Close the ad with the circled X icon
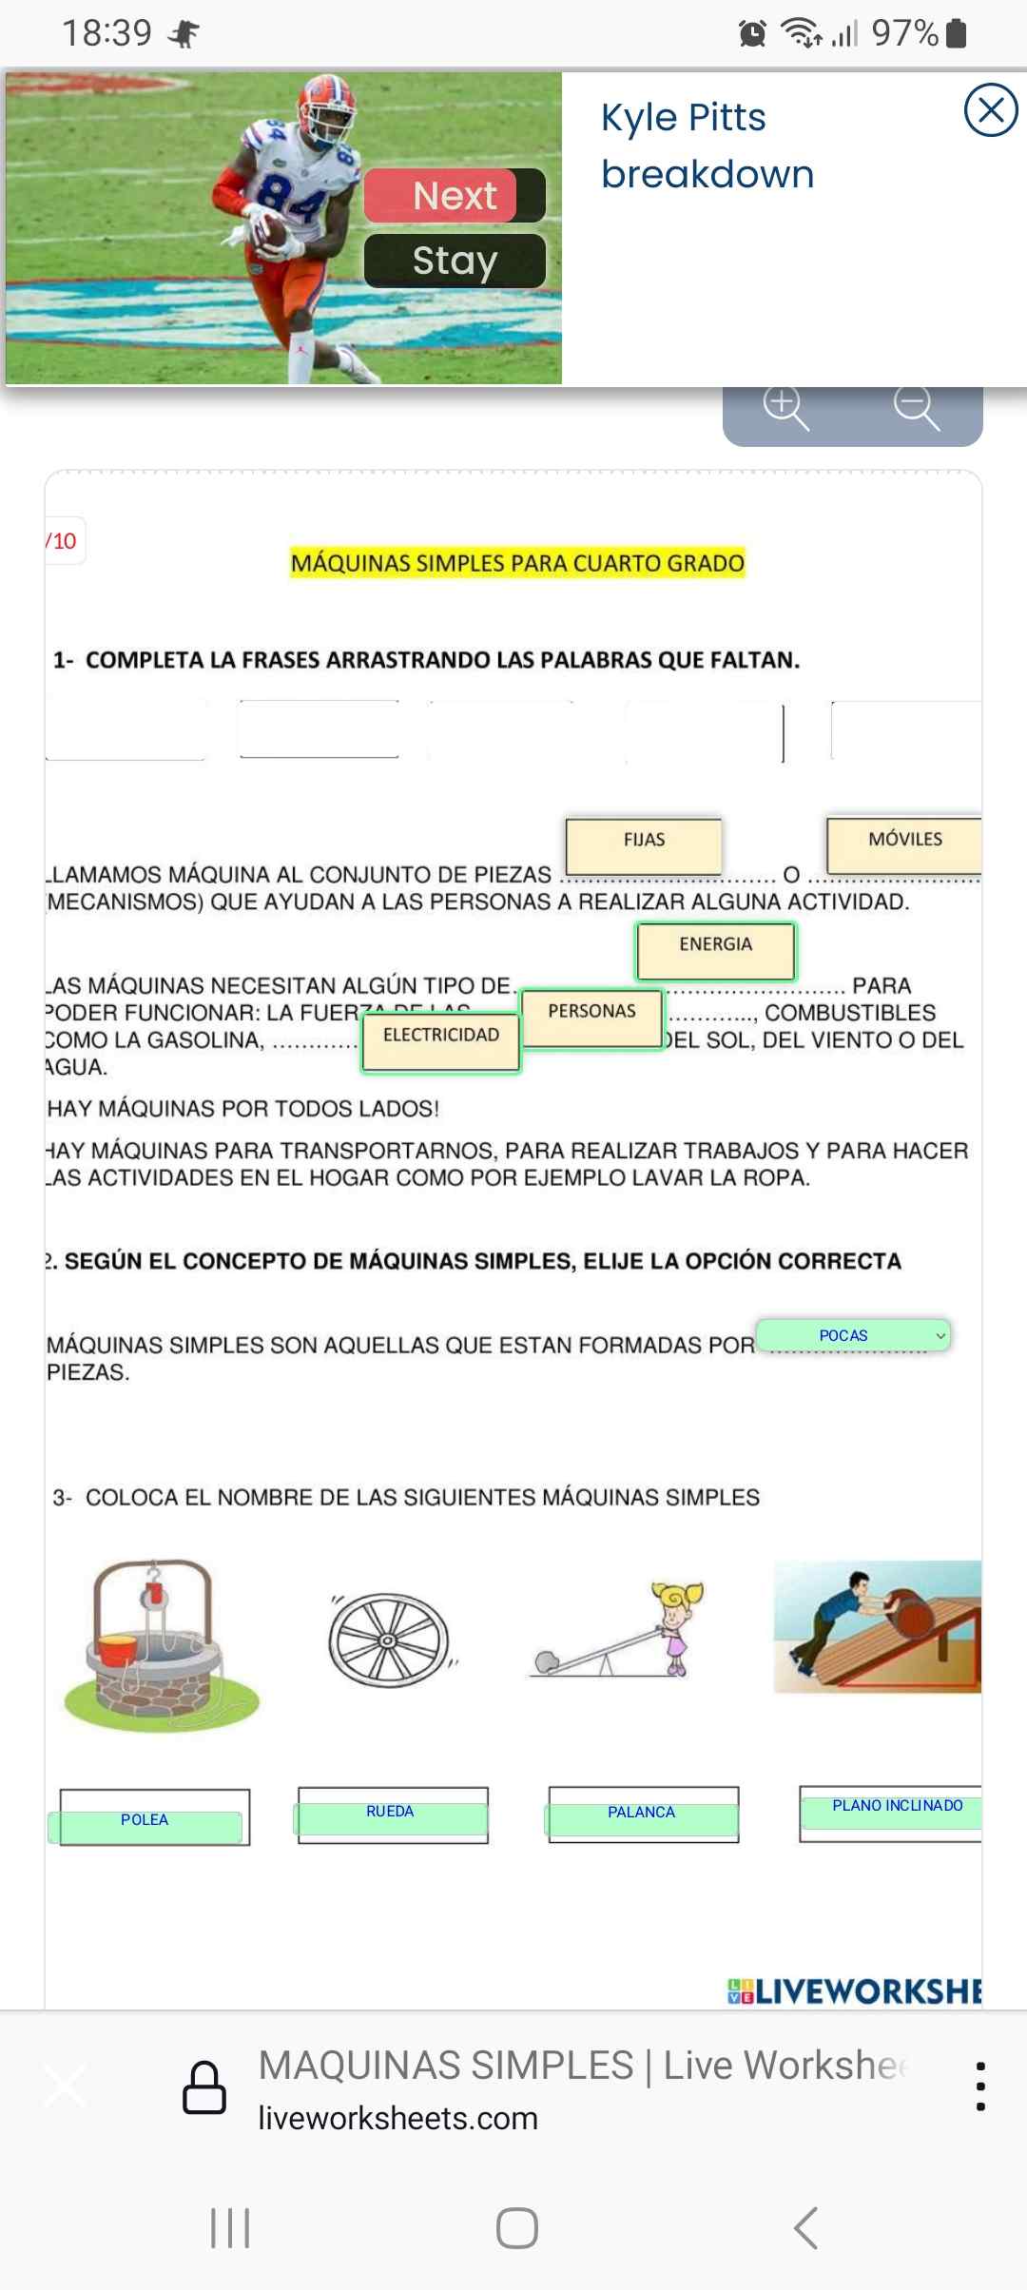click(x=991, y=110)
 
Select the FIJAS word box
click(x=644, y=844)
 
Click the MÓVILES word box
click(x=904, y=844)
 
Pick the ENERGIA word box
click(x=715, y=950)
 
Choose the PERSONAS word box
click(x=591, y=1017)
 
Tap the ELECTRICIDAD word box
click(x=440, y=1041)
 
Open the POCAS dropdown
click(x=853, y=1335)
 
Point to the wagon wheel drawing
click(x=389, y=1640)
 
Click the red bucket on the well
click(x=117, y=1648)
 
